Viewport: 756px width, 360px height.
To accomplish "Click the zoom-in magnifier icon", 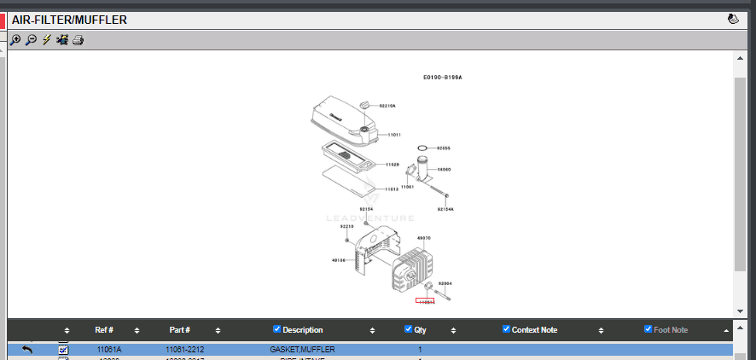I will tap(15, 40).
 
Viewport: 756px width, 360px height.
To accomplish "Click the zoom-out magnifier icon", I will tap(31, 40).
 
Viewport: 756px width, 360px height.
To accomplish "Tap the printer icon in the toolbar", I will tap(78, 40).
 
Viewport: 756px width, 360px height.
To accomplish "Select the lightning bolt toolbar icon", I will tap(47, 40).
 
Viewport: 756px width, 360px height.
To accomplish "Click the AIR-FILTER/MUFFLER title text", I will tap(69, 20).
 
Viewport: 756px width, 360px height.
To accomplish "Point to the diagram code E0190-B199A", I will tap(442, 78).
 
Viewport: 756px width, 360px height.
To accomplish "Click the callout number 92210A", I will tap(388, 106).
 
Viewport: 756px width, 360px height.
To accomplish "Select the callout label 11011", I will tap(394, 135).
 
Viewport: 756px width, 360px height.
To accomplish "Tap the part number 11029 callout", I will tap(393, 164).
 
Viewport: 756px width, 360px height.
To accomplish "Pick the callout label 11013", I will tap(393, 189).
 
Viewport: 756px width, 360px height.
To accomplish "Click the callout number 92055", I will tap(444, 148).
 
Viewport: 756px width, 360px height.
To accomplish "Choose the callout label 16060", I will tap(444, 170).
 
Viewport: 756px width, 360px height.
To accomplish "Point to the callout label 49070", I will tap(423, 238).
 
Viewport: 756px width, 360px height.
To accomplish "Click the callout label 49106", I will tap(338, 260).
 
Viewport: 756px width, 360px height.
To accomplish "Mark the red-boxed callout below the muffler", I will tap(425, 301).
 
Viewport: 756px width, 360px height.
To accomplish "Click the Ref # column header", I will tap(104, 330).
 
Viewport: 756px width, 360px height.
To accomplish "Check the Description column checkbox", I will tap(276, 329).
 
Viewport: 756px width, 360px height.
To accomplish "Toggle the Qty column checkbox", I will tap(408, 329).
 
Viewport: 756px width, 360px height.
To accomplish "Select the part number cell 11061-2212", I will tap(184, 350).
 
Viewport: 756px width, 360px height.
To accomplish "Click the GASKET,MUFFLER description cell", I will tap(302, 350).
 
